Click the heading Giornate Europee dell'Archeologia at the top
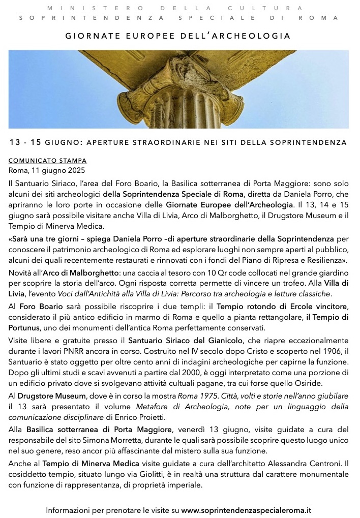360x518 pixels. point(178,37)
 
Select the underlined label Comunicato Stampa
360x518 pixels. point(48,160)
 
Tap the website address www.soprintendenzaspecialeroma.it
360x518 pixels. point(246,509)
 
